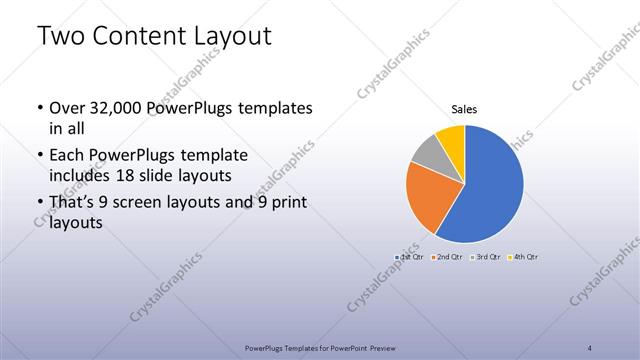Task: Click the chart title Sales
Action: point(464,108)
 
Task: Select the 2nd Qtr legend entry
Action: point(446,257)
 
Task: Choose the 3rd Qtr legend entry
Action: point(484,257)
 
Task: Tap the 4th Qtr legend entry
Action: point(523,257)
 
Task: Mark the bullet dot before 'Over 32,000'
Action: point(38,108)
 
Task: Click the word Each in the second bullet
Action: point(68,156)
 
